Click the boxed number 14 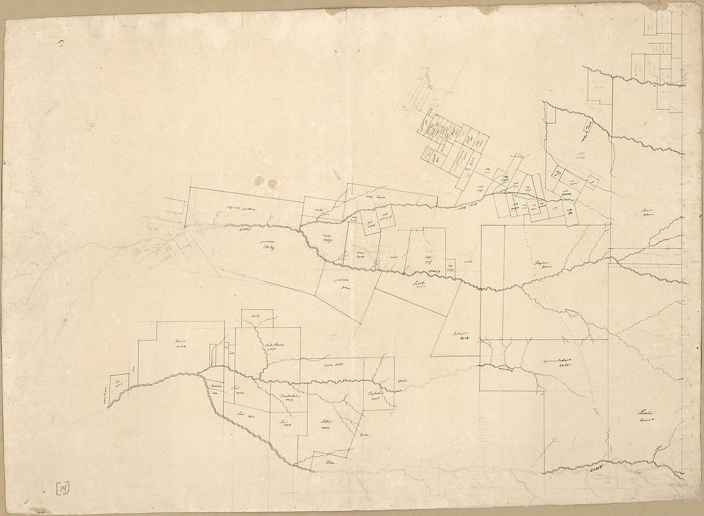click(x=64, y=489)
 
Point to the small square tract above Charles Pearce click(x=257, y=318)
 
